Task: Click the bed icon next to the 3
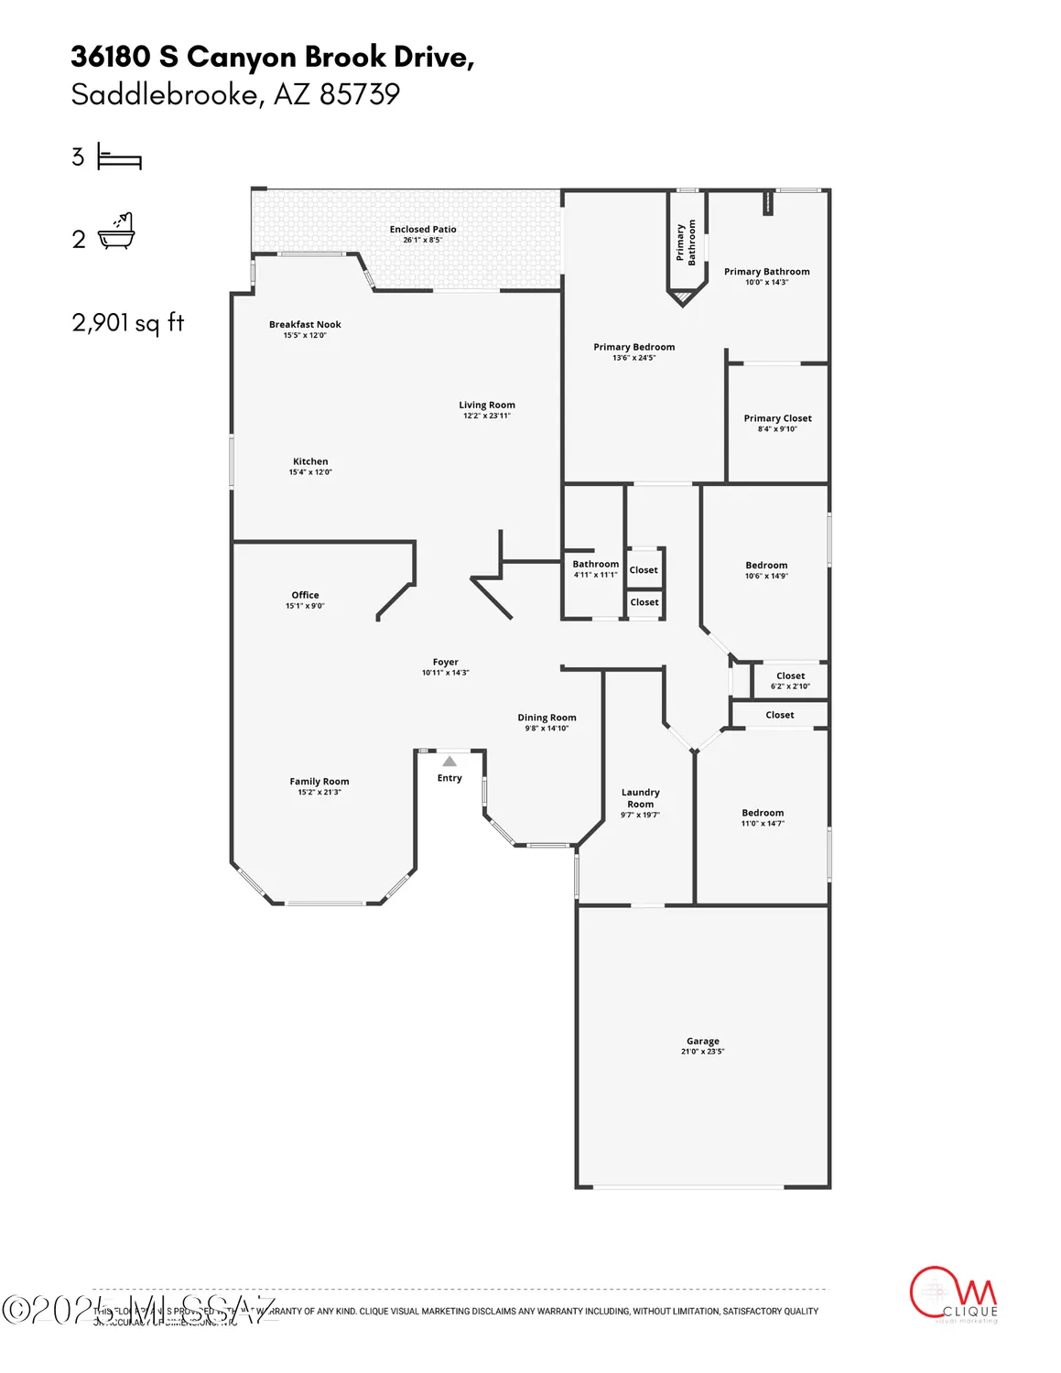(x=119, y=158)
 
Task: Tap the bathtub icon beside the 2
(x=117, y=232)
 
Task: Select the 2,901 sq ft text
(x=128, y=322)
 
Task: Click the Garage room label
(x=702, y=1042)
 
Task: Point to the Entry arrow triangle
(x=449, y=762)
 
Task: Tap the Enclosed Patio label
(x=423, y=230)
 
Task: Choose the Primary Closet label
(x=777, y=418)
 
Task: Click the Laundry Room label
(x=640, y=798)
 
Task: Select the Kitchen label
(x=310, y=462)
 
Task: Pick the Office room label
(x=305, y=595)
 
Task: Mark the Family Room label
(x=319, y=782)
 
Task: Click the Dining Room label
(x=547, y=718)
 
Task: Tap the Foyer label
(x=446, y=662)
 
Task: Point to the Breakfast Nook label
(x=305, y=325)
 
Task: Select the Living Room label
(x=487, y=405)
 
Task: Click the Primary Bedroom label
(x=633, y=347)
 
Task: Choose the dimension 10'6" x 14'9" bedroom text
(x=766, y=577)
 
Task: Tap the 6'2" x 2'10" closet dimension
(x=790, y=686)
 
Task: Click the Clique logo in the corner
(x=954, y=1295)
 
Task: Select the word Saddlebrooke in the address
(x=164, y=94)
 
